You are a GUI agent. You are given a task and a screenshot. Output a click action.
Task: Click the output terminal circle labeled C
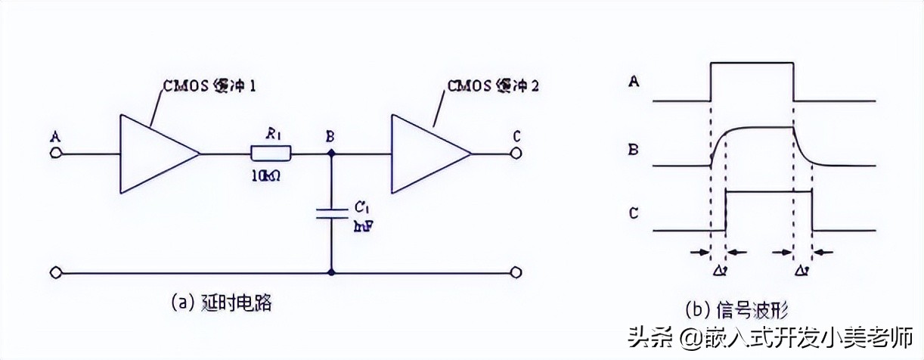click(516, 154)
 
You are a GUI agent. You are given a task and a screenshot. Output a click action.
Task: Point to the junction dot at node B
click(330, 154)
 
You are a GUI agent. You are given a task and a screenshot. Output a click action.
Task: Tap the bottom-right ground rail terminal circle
click(516, 272)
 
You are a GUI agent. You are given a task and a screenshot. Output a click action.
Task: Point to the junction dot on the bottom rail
click(330, 272)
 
